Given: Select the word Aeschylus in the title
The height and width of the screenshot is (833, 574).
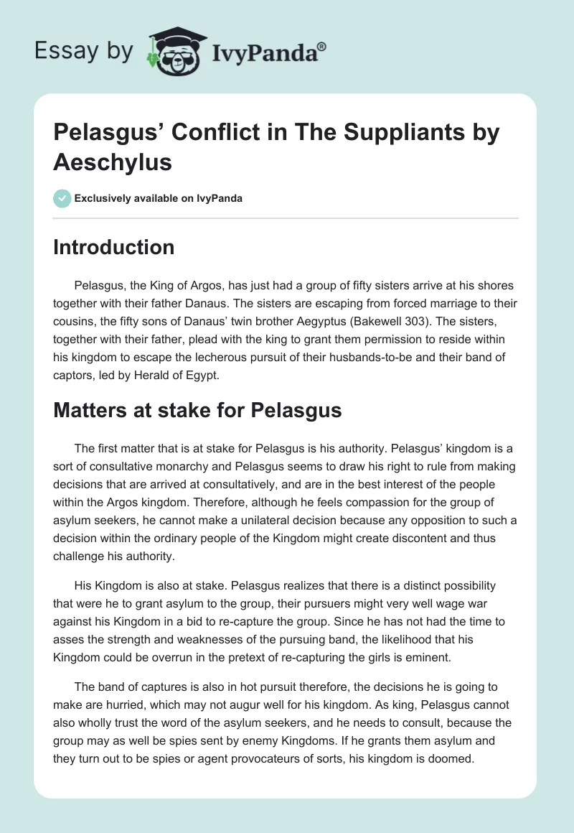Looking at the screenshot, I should pos(113,162).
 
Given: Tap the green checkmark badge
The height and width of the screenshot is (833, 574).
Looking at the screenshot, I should pos(62,198).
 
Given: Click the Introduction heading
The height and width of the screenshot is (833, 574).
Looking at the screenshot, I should pos(113,247).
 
